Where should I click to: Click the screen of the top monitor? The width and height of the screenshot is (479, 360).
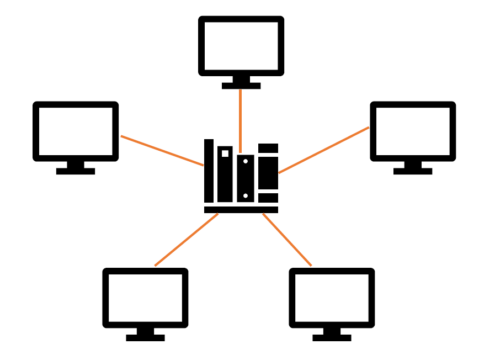241,46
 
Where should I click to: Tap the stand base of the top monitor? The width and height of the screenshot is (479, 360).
241,86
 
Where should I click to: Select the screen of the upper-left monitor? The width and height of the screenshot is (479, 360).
76,131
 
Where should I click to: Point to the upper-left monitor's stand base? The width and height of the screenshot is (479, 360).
76,171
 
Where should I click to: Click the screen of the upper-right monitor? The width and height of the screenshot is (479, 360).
413,131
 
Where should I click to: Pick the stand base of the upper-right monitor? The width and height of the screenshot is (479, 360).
413,171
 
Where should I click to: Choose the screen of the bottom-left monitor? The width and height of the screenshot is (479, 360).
145,298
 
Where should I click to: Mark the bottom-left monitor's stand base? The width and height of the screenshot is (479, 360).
145,338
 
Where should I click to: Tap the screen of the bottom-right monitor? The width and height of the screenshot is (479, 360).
332,298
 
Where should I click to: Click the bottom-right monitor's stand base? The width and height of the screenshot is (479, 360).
332,338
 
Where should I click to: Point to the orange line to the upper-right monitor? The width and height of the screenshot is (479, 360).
324,150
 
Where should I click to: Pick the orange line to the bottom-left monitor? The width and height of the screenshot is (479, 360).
186,240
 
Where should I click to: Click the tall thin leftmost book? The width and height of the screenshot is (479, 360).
209,171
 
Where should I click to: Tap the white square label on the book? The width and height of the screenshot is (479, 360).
225,153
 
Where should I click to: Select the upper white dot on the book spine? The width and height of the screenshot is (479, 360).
246,161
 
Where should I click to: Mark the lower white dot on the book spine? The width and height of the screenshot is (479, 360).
246,195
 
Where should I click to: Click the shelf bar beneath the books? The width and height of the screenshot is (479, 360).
241,210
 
